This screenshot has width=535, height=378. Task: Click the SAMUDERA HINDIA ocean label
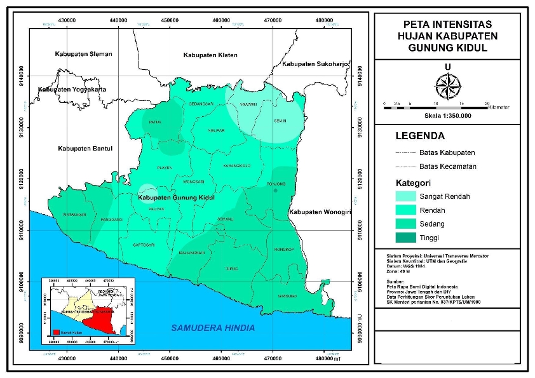(x=213, y=328)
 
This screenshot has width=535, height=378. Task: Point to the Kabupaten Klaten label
(x=210, y=56)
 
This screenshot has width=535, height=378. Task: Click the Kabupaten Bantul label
(x=85, y=149)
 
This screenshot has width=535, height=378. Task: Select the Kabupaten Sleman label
(x=83, y=54)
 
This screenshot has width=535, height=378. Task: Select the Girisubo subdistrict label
(x=287, y=297)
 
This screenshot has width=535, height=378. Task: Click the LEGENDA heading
(x=419, y=136)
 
